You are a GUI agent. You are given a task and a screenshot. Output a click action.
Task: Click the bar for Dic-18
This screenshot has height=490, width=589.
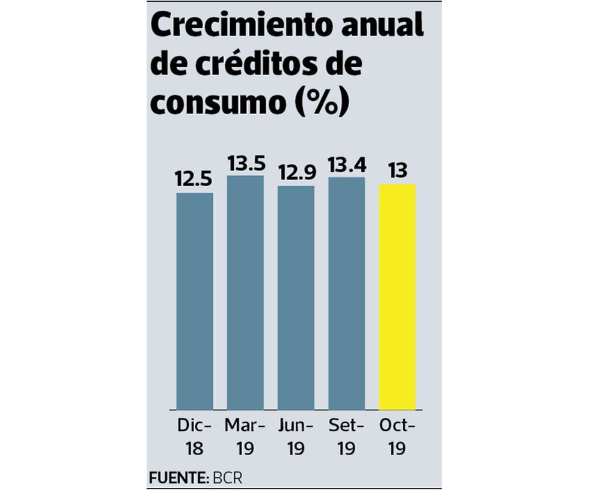(x=194, y=301)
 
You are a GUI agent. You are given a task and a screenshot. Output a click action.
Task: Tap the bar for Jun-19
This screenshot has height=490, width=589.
(x=296, y=297)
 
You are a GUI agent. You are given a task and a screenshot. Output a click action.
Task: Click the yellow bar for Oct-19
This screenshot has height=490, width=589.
(x=397, y=297)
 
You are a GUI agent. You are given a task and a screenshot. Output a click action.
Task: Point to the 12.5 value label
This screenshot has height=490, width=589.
(x=194, y=180)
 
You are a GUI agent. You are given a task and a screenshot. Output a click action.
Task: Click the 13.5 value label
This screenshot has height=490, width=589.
(x=245, y=163)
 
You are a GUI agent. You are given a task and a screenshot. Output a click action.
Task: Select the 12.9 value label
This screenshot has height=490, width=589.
(x=296, y=173)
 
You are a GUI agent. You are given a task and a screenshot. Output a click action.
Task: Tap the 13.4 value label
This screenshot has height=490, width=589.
(x=346, y=164)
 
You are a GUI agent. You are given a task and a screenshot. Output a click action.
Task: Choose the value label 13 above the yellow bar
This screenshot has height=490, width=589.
(x=397, y=171)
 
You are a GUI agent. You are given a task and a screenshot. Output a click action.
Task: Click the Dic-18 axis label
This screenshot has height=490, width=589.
(x=194, y=437)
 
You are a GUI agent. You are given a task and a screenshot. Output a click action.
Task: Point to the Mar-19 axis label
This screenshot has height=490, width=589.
(x=245, y=437)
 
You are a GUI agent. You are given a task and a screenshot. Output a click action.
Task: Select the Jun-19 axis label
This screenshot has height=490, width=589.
(x=296, y=437)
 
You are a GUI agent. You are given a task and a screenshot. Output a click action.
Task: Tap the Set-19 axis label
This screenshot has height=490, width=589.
(x=346, y=437)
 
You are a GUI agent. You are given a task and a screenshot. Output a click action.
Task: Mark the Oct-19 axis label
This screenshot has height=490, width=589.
(x=397, y=437)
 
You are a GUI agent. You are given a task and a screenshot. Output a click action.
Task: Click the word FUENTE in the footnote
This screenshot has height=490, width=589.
(x=176, y=478)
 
